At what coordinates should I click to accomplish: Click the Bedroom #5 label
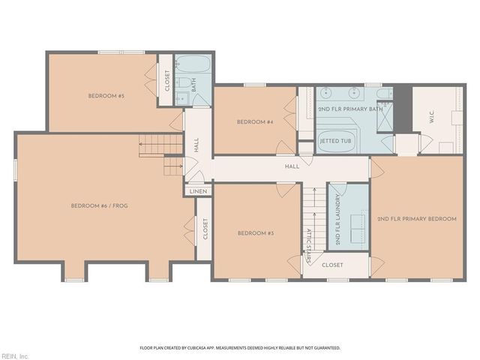click(x=106, y=96)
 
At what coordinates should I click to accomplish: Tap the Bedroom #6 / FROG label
click(x=100, y=205)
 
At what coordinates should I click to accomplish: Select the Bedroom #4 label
click(x=255, y=122)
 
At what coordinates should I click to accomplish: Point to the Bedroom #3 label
click(x=256, y=233)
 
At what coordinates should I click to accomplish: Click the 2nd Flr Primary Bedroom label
click(x=417, y=219)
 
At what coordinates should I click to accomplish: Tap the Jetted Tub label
click(x=335, y=141)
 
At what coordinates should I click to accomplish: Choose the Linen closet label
click(x=198, y=192)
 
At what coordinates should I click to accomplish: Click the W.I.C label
click(x=432, y=117)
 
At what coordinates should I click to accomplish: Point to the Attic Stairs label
click(x=309, y=246)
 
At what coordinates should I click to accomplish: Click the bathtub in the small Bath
click(x=193, y=64)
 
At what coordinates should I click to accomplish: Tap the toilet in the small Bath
click(x=184, y=82)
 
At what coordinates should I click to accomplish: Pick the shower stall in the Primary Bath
click(x=385, y=117)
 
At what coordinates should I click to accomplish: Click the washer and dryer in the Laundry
click(x=358, y=228)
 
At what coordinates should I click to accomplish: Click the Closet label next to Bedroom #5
click(x=167, y=81)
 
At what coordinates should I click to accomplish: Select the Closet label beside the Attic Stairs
click(x=332, y=265)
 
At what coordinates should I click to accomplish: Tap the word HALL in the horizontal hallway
click(x=292, y=166)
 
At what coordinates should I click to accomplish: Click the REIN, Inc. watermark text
click(x=15, y=356)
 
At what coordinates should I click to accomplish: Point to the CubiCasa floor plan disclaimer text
click(x=240, y=348)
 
